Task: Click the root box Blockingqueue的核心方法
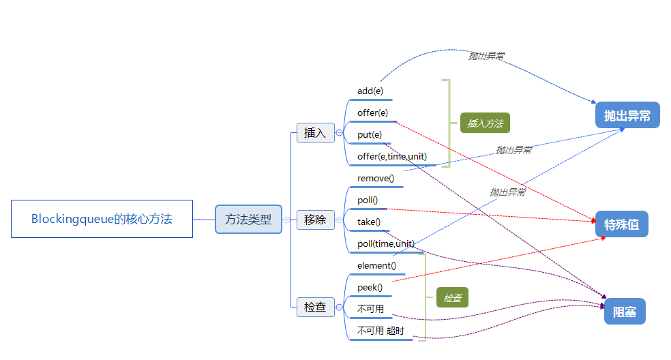coord(102,219)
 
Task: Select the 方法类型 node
coord(248,220)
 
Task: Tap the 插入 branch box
coord(315,133)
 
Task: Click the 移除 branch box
coord(315,220)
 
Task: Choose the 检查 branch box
coord(315,307)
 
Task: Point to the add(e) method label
coord(370,91)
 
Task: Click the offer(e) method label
coord(372,112)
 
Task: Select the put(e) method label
coord(370,134)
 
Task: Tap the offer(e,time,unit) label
coord(392,156)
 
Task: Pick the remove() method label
coord(376,178)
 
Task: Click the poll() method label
coord(368,200)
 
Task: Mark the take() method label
coord(369,222)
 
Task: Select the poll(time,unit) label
coord(386,243)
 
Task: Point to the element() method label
coord(376,265)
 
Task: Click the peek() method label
coord(370,287)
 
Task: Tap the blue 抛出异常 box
coord(627,115)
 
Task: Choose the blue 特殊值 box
coord(621,224)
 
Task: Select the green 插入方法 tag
coord(485,123)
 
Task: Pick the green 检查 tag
coord(453,297)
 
